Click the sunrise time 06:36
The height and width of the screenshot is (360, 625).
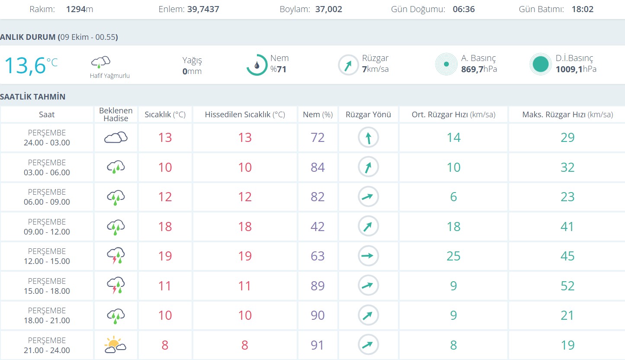point(464,9)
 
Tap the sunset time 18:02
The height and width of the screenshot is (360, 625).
point(582,9)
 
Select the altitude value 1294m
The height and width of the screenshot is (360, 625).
point(80,9)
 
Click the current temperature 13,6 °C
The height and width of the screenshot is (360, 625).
point(31,65)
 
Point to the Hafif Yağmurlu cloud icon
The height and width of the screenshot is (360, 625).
point(101,62)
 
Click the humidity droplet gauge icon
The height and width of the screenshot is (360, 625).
point(257,65)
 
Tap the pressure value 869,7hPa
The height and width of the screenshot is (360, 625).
point(479,69)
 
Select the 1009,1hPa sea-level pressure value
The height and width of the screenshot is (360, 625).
point(576,69)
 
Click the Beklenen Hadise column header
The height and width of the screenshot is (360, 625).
point(115,115)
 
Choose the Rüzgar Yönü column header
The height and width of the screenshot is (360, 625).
point(368,115)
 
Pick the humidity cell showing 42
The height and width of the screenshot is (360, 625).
point(317,227)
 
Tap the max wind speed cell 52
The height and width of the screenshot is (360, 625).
point(567,286)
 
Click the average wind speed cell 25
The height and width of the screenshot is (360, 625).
point(453,256)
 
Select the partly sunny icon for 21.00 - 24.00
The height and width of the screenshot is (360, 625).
point(115,345)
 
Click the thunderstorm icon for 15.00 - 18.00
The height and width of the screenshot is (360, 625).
point(115,286)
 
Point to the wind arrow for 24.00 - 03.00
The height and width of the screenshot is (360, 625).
point(368,138)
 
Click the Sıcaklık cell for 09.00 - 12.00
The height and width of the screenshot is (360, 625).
point(165,227)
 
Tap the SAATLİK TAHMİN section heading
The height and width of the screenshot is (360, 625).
point(33,96)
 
